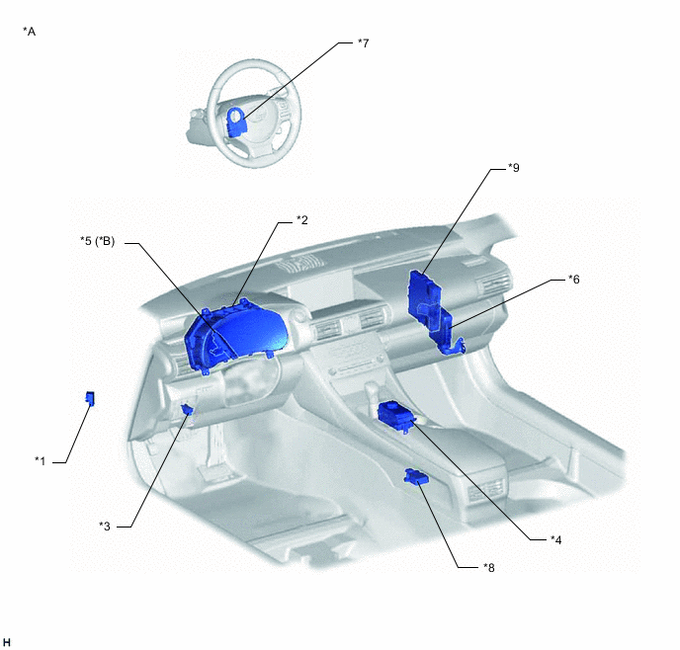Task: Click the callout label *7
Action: coord(363,43)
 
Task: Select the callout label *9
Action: coord(514,168)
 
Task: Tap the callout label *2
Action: coord(301,220)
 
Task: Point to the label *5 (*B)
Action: coord(98,241)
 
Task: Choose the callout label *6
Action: coord(573,280)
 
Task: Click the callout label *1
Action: coord(40,461)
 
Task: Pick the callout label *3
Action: coord(105,527)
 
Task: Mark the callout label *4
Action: coord(556,540)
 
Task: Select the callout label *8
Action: coord(488,568)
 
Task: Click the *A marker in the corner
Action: coord(29,32)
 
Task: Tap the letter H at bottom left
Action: coord(7,642)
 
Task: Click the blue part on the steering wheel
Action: coord(236,122)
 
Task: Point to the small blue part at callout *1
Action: coord(90,398)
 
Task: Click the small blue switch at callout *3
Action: coord(187,409)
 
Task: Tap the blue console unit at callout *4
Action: coord(396,416)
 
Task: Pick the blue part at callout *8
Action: coord(416,477)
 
